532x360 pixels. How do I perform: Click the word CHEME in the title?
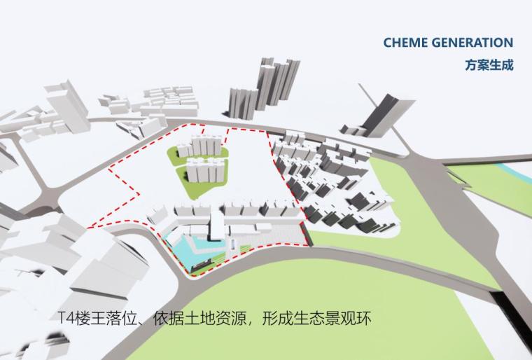pos(403,43)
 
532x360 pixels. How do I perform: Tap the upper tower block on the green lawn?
pos(198,148)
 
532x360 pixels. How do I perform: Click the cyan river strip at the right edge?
pos(517,170)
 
